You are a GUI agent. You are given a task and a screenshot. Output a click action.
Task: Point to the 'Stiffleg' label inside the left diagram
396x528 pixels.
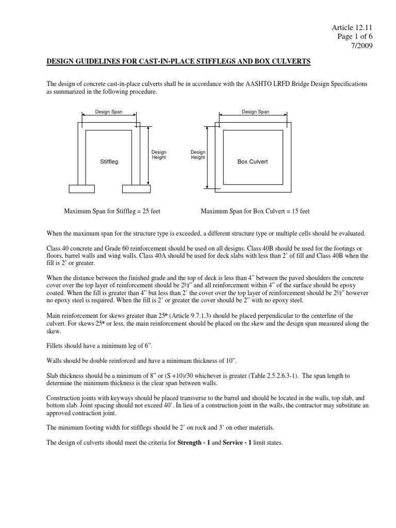[x=109, y=161]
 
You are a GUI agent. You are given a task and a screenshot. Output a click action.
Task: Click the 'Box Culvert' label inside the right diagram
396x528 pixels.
[x=252, y=161]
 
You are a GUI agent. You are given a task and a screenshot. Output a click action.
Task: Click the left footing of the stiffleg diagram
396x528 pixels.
[x=82, y=189]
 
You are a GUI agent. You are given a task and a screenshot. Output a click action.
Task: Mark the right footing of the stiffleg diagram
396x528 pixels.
[x=136, y=189]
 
